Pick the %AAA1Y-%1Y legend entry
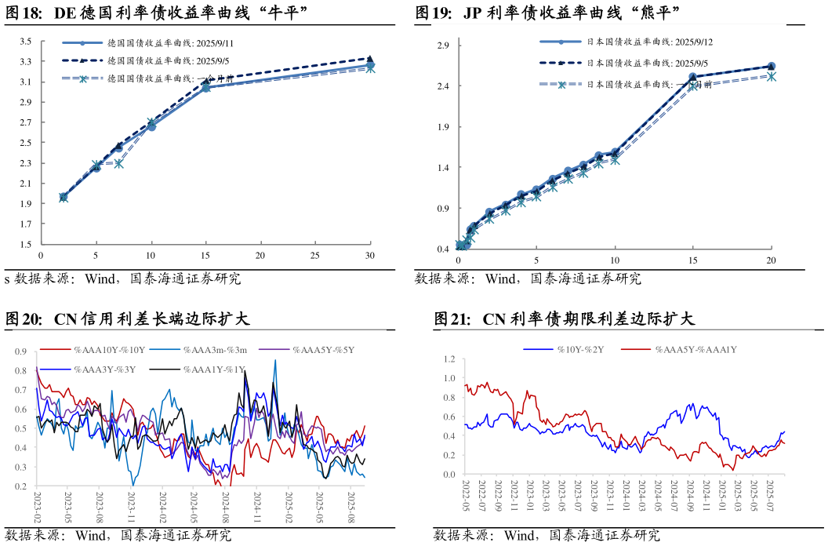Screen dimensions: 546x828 (213, 369)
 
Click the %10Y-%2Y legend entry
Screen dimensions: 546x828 (579, 349)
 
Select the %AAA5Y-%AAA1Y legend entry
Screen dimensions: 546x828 (695, 349)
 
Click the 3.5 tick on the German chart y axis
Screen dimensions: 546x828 (26, 41)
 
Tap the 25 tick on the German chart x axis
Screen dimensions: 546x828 (315, 256)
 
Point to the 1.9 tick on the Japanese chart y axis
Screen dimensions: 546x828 (443, 126)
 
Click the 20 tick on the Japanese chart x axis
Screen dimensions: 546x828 (771, 260)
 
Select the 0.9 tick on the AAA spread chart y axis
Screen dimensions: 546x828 (21, 351)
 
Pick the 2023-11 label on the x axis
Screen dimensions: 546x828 (131, 508)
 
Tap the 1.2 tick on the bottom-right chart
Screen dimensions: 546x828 (448, 359)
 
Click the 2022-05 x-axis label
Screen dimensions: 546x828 (466, 497)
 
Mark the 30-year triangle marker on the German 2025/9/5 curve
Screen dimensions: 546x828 (370, 58)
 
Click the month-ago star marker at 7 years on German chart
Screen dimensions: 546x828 (118, 163)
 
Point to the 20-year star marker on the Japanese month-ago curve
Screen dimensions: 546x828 (771, 76)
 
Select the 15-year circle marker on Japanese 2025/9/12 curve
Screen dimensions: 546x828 (693, 77)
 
